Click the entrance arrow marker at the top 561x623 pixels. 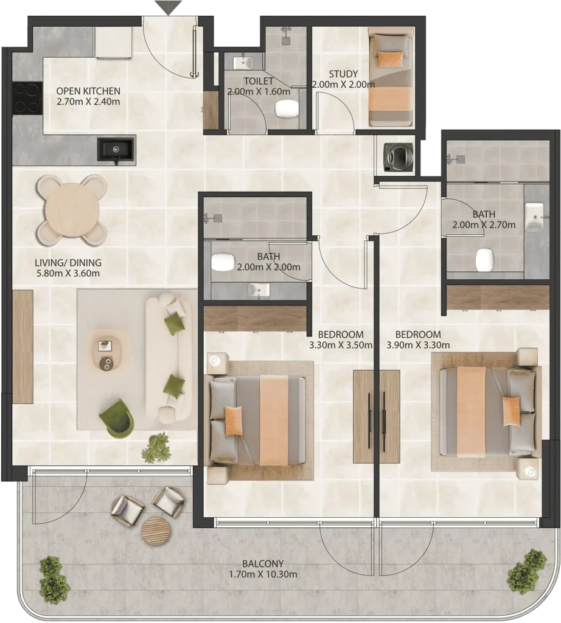coord(169,7)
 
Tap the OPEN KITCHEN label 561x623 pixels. coord(88,91)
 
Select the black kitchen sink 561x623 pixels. coord(116,150)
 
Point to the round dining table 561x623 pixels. coord(72,209)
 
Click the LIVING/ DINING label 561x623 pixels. coord(68,263)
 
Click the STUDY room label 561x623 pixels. coord(343,74)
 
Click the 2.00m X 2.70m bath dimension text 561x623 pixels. coord(484,225)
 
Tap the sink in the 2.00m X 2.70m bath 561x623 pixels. coord(534,217)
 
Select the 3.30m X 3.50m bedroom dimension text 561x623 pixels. coord(341,345)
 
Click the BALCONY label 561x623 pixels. coord(263,563)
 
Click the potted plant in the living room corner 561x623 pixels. coord(155,448)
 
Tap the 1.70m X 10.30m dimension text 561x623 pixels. coord(263,574)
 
